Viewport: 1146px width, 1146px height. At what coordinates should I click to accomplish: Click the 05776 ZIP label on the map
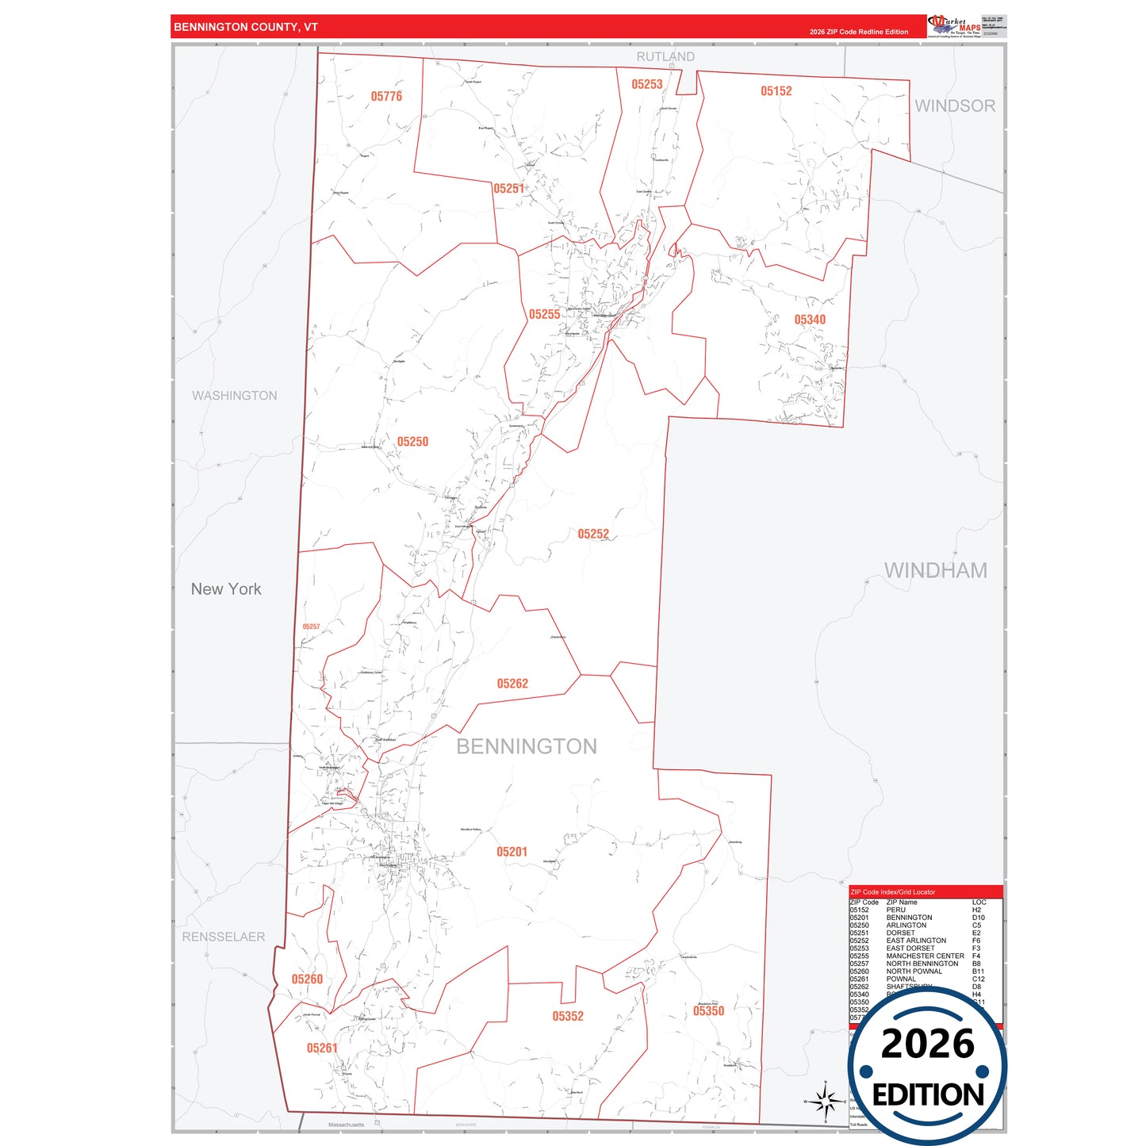point(386,97)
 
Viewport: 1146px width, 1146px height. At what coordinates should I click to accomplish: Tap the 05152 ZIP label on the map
point(776,91)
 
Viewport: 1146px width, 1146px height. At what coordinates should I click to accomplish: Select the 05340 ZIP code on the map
point(810,320)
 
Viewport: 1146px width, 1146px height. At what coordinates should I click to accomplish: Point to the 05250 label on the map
point(412,442)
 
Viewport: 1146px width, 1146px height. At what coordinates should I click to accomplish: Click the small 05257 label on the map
point(311,627)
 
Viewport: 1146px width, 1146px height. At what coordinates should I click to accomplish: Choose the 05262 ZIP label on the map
point(512,684)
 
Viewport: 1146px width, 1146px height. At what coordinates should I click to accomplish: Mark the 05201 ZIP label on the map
point(512,852)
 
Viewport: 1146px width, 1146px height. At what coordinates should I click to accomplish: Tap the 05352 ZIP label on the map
point(568,1016)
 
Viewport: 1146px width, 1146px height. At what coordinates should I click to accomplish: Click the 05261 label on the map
point(322,1048)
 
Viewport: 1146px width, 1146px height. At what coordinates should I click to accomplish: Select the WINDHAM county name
point(936,570)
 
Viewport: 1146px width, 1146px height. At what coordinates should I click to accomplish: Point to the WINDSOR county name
point(955,105)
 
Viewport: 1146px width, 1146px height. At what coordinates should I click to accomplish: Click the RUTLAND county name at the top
point(665,57)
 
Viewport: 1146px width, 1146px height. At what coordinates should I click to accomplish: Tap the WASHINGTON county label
point(235,396)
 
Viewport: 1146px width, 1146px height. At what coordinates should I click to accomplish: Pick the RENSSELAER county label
point(224,937)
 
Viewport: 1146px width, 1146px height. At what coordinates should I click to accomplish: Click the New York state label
point(226,589)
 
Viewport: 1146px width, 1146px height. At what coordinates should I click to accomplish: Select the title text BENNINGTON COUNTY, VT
point(246,27)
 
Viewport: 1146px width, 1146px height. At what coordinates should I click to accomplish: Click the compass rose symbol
point(825,1101)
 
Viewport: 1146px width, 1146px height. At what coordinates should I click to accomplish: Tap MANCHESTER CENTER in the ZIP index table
point(925,956)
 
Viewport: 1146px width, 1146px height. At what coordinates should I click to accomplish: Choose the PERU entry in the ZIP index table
point(895,910)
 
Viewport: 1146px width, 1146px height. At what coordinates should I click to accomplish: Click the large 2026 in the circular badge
point(927,1044)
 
